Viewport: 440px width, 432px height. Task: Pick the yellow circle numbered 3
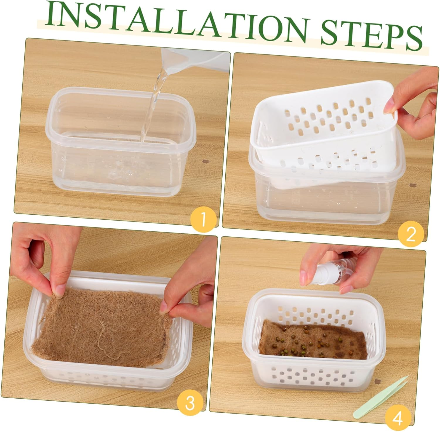pos(190,402)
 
